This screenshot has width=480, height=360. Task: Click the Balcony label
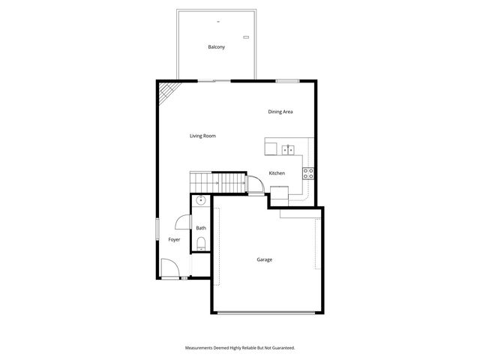(217, 47)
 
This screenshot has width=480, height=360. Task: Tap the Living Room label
(202, 136)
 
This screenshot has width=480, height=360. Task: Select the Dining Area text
(280, 112)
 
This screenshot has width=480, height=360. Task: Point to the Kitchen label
(277, 173)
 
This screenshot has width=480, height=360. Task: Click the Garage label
(265, 259)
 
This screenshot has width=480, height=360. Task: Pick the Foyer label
(174, 239)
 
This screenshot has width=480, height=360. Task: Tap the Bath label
(201, 228)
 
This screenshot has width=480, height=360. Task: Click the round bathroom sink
(200, 201)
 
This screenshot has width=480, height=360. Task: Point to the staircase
(217, 182)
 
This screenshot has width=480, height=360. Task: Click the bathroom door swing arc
(182, 222)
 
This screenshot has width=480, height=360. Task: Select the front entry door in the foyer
(168, 268)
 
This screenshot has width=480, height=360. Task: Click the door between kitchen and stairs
(254, 184)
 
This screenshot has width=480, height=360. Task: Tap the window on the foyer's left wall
(157, 229)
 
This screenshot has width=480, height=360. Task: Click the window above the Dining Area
(287, 80)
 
